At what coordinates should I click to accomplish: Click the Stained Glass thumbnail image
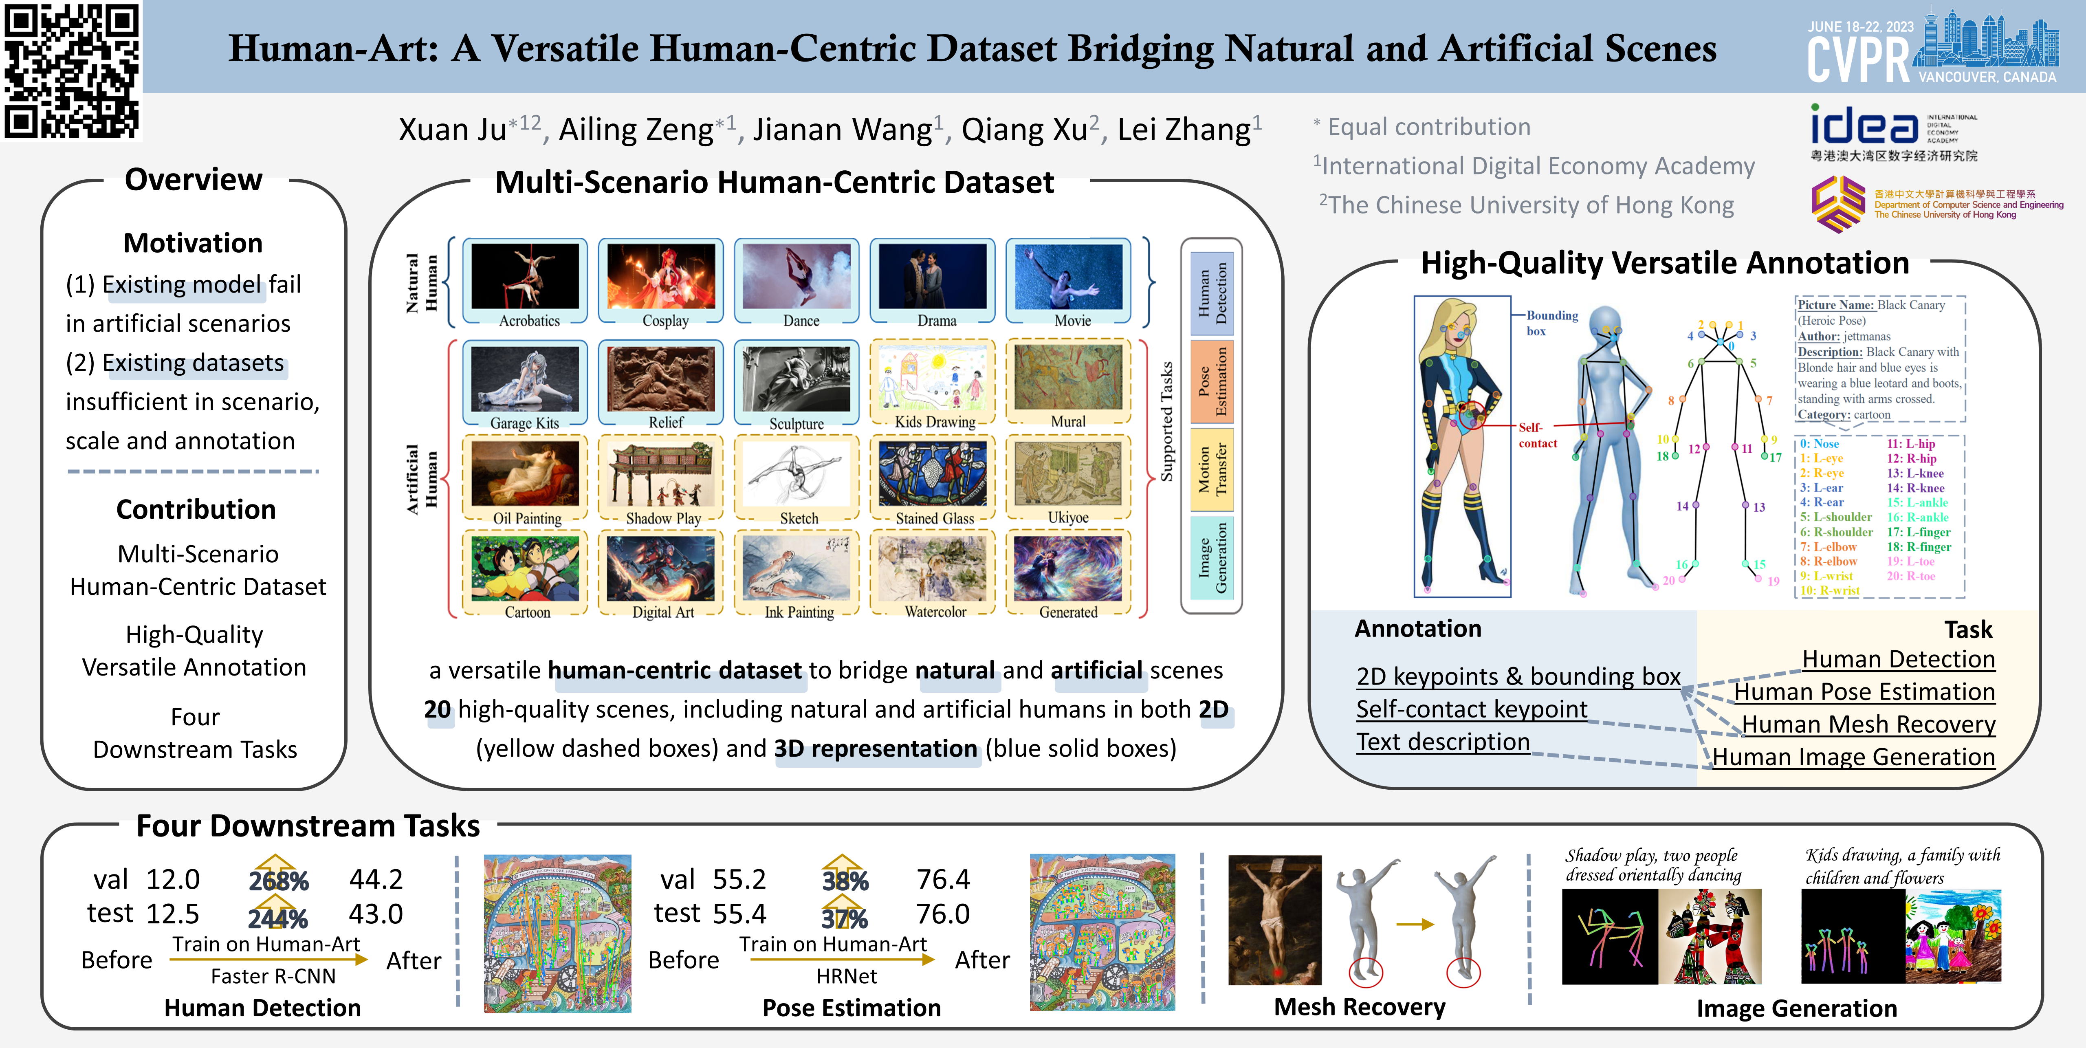933,474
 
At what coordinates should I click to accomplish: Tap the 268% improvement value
279,881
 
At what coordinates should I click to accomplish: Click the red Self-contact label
1537,435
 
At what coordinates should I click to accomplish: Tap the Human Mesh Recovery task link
1868,724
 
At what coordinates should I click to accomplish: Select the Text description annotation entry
1443,742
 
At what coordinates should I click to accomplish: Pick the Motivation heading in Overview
193,243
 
